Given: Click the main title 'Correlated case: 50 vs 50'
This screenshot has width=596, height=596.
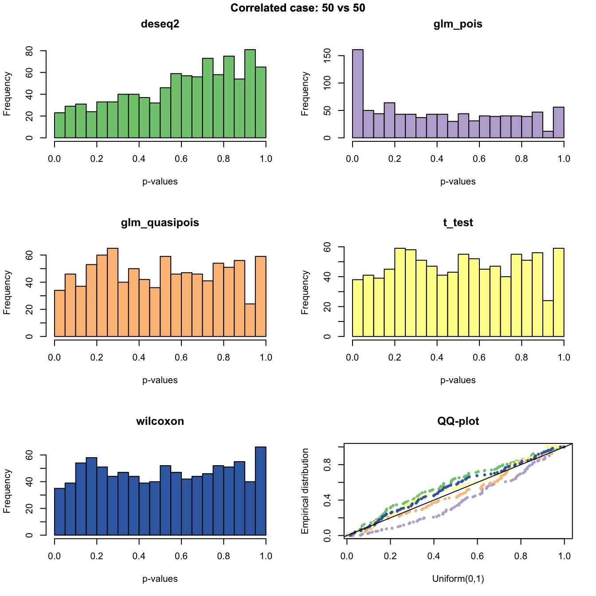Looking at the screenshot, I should click(298, 8).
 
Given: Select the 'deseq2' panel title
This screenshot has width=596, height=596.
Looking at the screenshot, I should click(160, 24).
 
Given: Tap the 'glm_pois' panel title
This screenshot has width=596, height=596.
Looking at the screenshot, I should click(458, 24).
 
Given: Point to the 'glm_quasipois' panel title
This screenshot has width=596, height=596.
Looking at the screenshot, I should click(160, 223).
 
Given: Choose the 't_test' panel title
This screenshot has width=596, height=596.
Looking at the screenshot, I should click(458, 223).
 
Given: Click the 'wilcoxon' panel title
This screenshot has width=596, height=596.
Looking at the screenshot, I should click(160, 421).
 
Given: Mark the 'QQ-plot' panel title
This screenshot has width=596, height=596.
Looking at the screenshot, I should click(458, 421).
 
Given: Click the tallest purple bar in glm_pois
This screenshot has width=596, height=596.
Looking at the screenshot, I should click(358, 94).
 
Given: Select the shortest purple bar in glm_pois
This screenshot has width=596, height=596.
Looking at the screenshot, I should click(548, 134).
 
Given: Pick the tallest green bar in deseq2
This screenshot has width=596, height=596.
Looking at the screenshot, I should click(250, 94).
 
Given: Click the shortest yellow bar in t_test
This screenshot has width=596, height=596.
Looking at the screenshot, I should click(548, 319).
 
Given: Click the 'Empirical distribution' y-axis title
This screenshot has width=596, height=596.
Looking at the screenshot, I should click(305, 491).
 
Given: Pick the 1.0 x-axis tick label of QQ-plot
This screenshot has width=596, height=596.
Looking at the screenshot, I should click(564, 556).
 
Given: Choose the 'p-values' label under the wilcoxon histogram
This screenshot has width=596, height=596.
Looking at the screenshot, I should click(160, 579).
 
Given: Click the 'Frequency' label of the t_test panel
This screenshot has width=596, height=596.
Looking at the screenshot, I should click(305, 292).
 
